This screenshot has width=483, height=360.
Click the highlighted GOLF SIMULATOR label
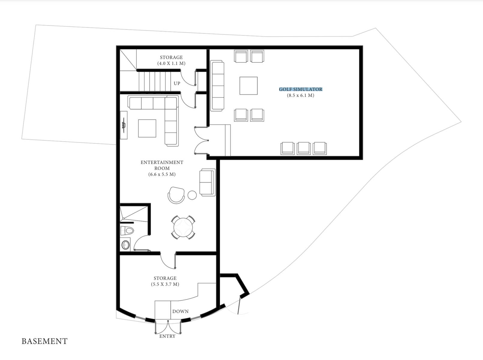pos(300,89)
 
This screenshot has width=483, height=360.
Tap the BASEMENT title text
pos(44,341)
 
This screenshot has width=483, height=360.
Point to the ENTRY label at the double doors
pos(168,336)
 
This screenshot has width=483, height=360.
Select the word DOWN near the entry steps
pos(180,311)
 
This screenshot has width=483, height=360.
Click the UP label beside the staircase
pos(177,83)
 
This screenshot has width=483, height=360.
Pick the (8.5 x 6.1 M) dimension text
pos(300,95)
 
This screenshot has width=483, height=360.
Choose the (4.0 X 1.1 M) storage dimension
pos(171,63)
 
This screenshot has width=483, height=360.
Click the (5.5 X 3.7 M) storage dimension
pos(165,284)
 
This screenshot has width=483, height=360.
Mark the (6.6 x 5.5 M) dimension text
pos(162,174)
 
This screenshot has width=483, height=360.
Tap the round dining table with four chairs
pos(183,227)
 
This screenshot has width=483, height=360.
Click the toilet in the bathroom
pos(127,231)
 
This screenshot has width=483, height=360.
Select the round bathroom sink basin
pos(125,245)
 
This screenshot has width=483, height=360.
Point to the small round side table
pos(192,195)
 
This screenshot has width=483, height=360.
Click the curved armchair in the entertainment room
pos(176,195)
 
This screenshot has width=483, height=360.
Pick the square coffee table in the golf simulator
pos(249,86)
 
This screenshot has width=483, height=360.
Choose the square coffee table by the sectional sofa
pos(147,128)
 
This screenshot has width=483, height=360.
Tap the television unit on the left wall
pos(124,125)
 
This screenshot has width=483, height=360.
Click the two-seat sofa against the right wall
pos(207,182)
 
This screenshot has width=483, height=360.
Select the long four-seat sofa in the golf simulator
pos(217,86)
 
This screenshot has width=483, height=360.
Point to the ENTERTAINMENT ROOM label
pos(162,165)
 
